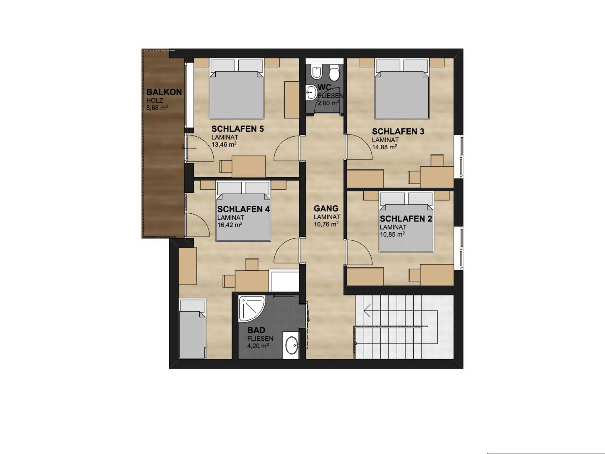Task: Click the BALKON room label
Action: click(x=164, y=92)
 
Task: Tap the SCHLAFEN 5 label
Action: click(x=238, y=129)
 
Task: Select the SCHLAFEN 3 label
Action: click(x=398, y=132)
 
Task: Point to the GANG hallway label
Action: click(x=326, y=209)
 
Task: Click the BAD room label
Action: click(x=256, y=330)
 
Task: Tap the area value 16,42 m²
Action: click(x=230, y=225)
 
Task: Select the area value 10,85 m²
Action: click(x=392, y=234)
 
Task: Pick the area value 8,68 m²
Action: click(x=157, y=108)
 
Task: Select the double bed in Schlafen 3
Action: click(x=402, y=89)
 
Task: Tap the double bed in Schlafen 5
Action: click(x=236, y=89)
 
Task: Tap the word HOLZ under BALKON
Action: click(x=155, y=101)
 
